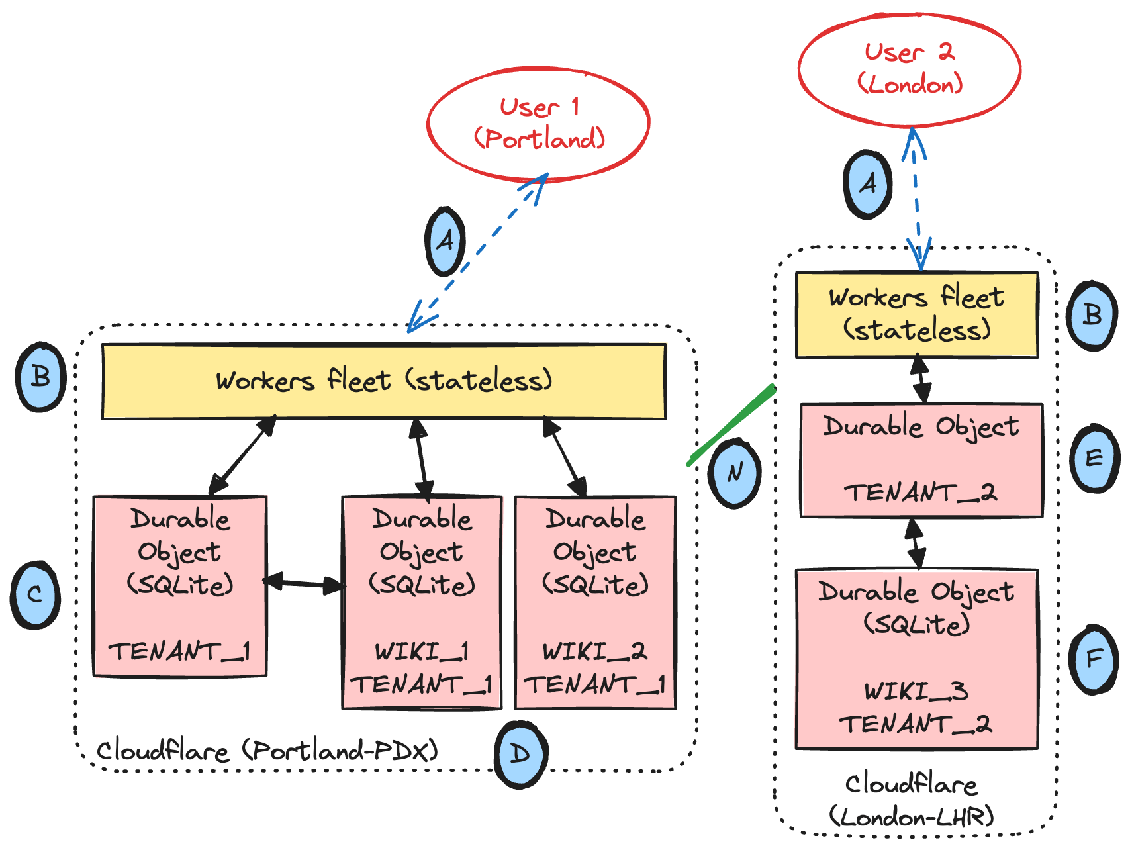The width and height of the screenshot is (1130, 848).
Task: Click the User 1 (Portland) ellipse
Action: pos(538,124)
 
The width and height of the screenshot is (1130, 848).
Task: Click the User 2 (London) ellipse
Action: pos(909,69)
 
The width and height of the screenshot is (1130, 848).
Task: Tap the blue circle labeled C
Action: pos(36,594)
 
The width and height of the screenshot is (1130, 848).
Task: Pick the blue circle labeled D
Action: pos(521,754)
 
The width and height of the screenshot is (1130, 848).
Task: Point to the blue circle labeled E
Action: pos(1094,458)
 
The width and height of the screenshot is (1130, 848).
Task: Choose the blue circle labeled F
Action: pos(1094,659)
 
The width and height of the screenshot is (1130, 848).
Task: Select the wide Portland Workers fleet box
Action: pos(383,381)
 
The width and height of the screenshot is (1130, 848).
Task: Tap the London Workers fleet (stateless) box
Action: pos(916,315)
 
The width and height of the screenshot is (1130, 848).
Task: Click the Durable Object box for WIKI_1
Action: pos(422,602)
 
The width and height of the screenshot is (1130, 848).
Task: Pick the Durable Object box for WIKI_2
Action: pos(595,602)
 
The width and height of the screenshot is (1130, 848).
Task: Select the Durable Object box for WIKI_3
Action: pos(916,659)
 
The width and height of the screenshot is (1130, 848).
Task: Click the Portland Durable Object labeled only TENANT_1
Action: pos(180,587)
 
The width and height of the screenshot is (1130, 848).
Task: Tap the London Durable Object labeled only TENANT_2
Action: pos(921,460)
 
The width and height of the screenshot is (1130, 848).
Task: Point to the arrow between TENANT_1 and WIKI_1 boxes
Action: pos(305,583)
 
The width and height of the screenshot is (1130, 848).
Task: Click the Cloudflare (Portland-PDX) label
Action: pos(267,751)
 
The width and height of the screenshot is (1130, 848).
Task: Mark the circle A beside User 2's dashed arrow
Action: pos(867,185)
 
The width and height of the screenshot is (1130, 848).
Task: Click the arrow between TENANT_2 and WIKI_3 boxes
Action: pos(915,543)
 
